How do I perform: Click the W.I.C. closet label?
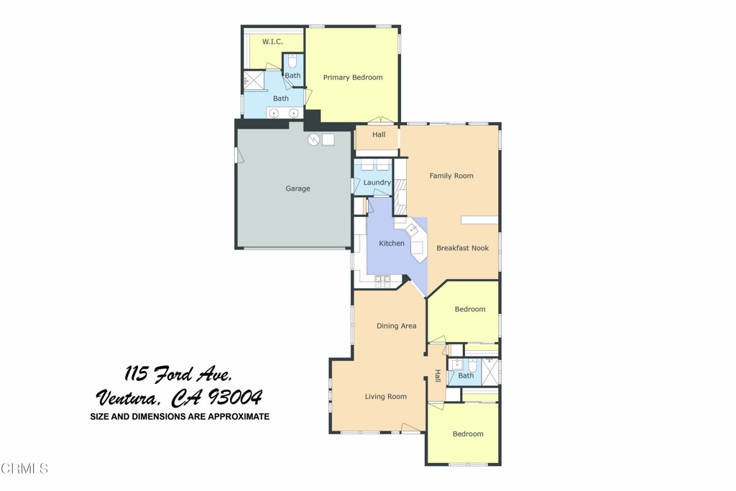coord(272,42)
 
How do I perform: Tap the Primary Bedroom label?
coord(352,78)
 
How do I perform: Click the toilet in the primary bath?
coord(292,62)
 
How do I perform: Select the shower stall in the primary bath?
coord(253,80)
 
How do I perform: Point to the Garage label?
coord(298,189)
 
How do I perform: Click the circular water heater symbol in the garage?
coord(313,140)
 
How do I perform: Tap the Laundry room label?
coord(377,183)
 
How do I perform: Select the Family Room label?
coord(451,176)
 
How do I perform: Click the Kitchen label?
coord(392,244)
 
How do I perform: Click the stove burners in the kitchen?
coord(382,279)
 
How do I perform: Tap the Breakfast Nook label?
coord(462,248)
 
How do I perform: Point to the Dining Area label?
coord(397,326)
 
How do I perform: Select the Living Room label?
coord(386,397)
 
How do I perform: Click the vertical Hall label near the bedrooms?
coord(437,376)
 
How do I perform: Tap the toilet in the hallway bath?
coord(456,364)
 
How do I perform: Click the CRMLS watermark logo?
coord(24,469)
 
